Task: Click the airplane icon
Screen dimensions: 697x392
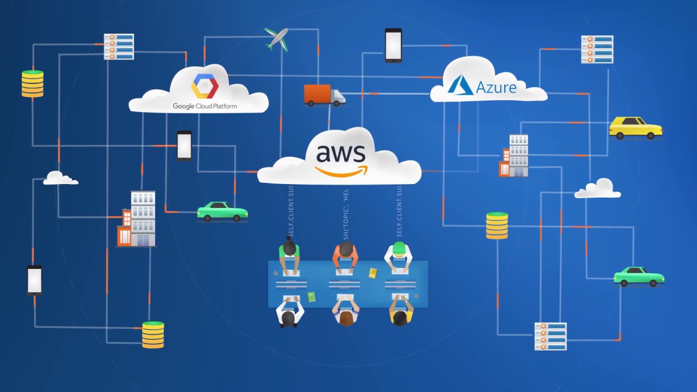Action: click(277, 39)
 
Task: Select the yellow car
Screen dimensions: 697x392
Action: click(635, 128)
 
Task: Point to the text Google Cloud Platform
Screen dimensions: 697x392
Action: click(205, 106)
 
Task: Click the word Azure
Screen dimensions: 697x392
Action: click(496, 87)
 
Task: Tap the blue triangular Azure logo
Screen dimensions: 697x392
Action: click(460, 85)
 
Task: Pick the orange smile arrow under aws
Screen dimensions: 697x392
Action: click(341, 171)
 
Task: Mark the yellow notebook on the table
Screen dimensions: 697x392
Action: click(373, 273)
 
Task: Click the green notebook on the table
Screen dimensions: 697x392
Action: click(311, 297)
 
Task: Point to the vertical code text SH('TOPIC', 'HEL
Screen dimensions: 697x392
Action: click(346, 214)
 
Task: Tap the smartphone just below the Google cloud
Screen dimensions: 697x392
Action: click(184, 145)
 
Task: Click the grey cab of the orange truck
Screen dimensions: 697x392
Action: click(338, 97)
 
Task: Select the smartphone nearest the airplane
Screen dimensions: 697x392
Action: click(393, 45)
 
